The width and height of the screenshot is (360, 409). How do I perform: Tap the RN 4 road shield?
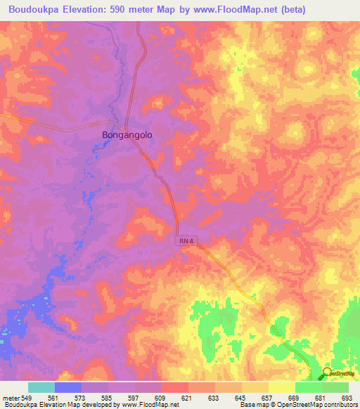186,241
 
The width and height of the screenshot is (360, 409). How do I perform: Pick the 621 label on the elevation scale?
188,397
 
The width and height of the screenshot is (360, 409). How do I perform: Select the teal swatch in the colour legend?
41,387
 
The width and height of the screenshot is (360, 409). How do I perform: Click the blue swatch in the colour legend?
67,387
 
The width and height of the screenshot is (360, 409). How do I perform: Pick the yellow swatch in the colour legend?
281,387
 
